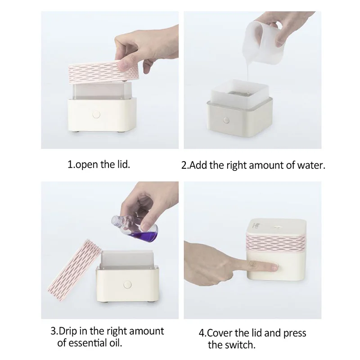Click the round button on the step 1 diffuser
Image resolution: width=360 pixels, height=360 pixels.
[x=96, y=115]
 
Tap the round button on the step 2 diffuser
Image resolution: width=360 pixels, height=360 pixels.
[x=226, y=120]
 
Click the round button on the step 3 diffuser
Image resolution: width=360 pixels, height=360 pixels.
[x=127, y=285]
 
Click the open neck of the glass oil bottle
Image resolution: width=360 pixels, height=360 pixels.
[x=115, y=220]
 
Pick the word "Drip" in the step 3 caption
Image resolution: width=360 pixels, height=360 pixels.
[x=68, y=331]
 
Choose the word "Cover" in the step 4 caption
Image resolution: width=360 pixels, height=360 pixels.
[x=220, y=333]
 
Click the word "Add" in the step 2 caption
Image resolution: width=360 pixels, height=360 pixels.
[x=198, y=165]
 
